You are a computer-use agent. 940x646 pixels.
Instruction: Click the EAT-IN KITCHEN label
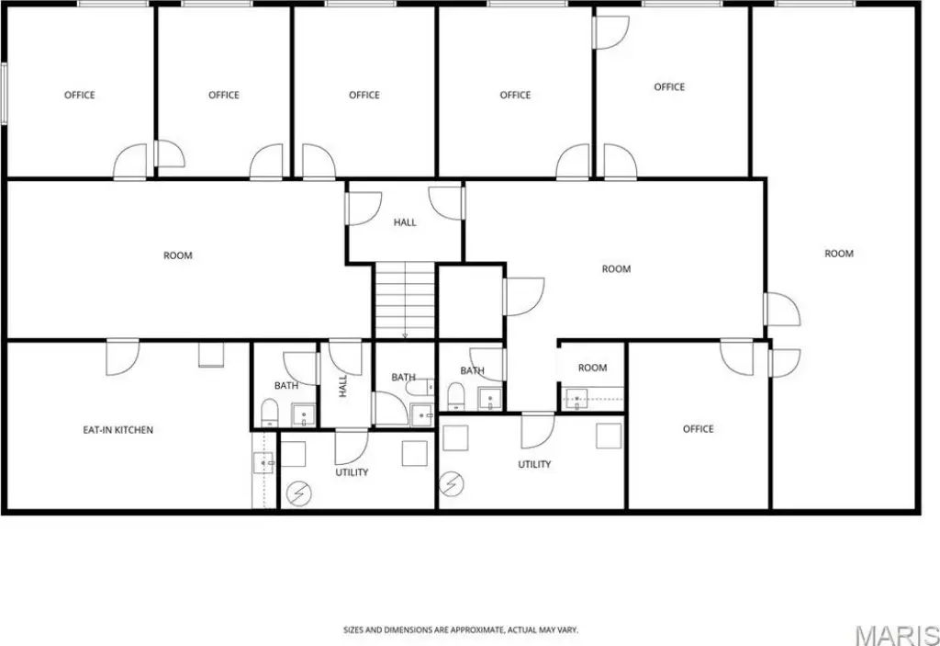(118, 430)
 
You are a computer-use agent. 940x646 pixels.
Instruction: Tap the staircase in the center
(405, 300)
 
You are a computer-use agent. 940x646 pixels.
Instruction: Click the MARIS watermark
(897, 635)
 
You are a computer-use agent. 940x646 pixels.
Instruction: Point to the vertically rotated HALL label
(343, 386)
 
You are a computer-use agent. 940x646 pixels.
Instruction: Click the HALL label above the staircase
(405, 222)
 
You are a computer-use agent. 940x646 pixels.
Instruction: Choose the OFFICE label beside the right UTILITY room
(698, 428)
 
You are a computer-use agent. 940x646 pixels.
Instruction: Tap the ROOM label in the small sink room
(592, 368)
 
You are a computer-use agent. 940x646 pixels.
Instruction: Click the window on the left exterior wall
(4, 94)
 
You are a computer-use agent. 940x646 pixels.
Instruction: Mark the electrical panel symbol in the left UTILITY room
(298, 494)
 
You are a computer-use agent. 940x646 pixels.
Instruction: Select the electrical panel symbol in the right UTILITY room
(452, 484)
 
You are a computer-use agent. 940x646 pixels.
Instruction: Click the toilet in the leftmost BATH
(270, 412)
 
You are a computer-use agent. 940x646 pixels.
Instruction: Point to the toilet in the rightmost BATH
(456, 396)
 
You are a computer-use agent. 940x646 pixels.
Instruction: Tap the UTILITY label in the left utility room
(352, 472)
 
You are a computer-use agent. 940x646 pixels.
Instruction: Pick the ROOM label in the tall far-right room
(839, 254)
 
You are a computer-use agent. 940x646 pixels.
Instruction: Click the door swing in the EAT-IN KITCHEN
(123, 357)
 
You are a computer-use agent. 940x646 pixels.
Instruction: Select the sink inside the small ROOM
(576, 399)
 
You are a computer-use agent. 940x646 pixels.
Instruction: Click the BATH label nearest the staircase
(404, 377)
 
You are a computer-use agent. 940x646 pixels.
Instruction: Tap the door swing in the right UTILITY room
(538, 431)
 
